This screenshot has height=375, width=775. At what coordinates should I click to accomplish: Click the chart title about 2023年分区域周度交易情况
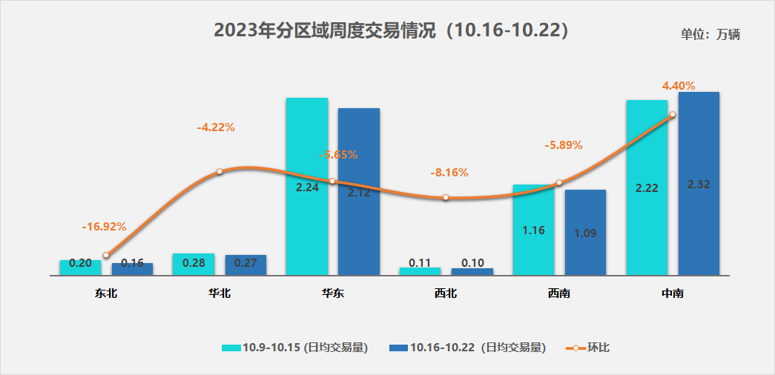[x=391, y=30]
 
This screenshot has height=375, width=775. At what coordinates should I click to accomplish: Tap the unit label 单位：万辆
[x=710, y=34]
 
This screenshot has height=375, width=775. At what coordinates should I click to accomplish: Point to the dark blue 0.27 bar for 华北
[x=245, y=265]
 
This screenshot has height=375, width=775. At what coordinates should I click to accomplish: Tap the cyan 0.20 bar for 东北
[x=80, y=268]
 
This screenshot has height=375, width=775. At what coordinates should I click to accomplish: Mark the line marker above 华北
[x=220, y=172]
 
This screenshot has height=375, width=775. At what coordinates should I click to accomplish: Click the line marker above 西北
[x=446, y=198]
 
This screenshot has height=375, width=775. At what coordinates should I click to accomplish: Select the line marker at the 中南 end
[x=672, y=114]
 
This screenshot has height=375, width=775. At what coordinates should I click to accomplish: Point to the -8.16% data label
[x=449, y=173]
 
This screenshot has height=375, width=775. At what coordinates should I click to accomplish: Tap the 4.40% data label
[x=679, y=86]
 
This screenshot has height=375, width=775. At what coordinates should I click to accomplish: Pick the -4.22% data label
[x=216, y=127]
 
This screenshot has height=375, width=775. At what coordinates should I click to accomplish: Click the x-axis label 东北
[x=106, y=293]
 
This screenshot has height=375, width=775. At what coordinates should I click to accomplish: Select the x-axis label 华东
[x=332, y=293]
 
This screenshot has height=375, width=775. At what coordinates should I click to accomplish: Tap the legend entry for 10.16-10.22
[x=467, y=348]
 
